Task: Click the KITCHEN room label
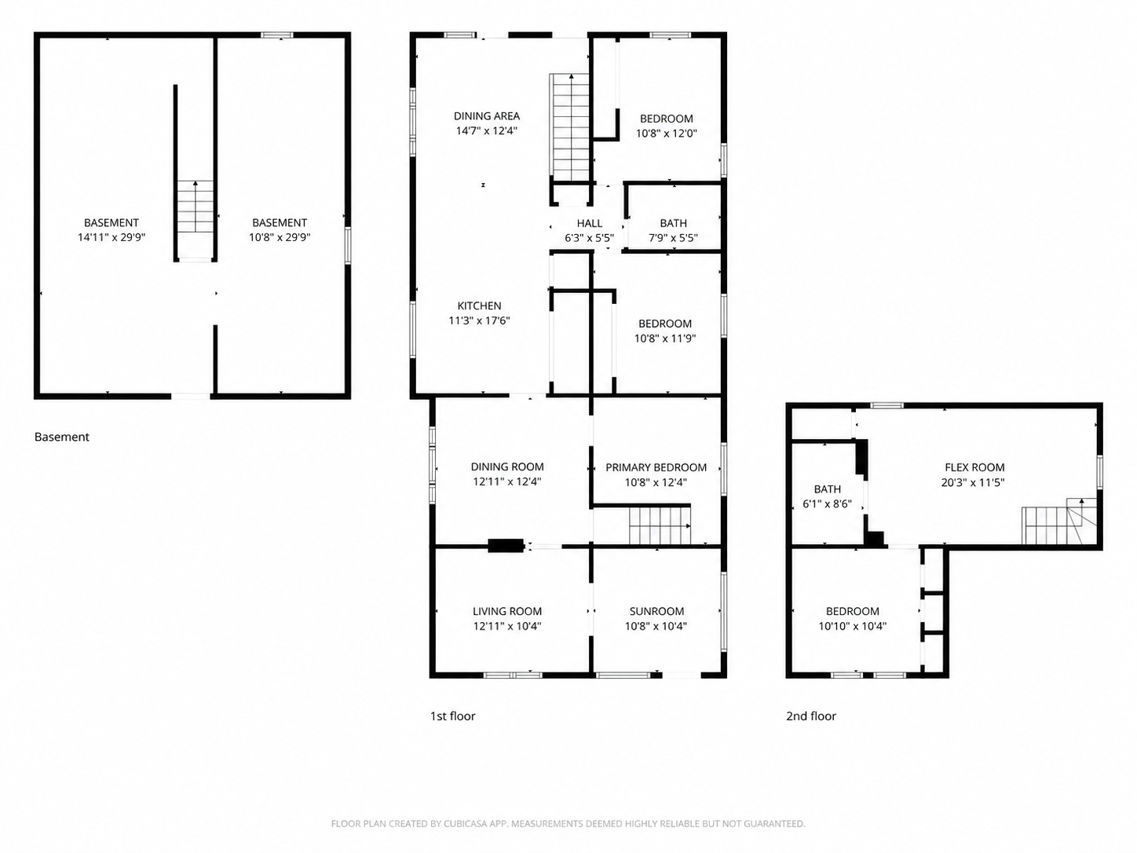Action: pos(479,306)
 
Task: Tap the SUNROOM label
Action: pos(656,611)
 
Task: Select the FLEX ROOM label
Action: pos(974,467)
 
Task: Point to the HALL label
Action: pos(590,223)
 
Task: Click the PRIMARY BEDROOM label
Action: pos(656,467)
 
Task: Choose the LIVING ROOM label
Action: pos(507,611)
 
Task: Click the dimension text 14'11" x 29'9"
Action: pos(112,237)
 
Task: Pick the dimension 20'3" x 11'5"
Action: pos(973,482)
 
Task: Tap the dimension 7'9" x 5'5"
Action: pos(673,238)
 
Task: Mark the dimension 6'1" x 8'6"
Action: pos(828,504)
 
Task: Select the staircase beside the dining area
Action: pos(571,127)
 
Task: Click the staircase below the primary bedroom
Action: pos(660,525)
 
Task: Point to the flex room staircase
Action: pos(1058,521)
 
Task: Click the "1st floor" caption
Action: pos(453,716)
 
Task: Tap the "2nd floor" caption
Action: pos(811,716)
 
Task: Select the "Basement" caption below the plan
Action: pos(62,437)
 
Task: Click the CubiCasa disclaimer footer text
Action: pos(568,823)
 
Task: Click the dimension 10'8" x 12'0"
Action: pos(666,133)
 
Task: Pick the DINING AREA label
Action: pos(486,116)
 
